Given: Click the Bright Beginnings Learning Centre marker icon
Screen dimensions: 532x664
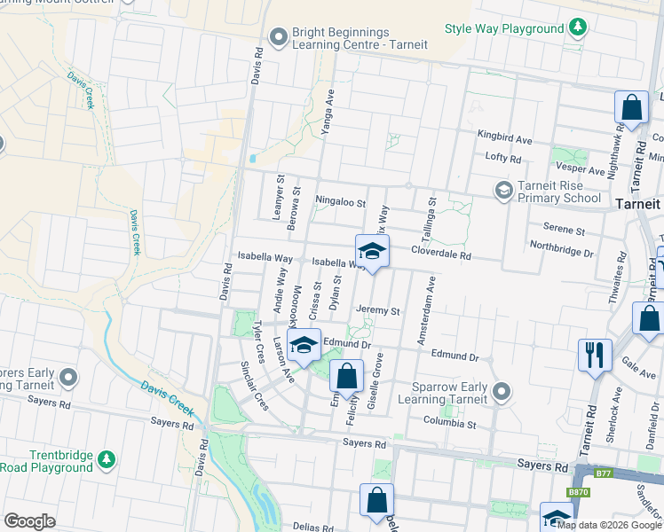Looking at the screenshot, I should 279,36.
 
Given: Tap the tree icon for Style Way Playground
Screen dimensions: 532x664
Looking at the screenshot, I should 578,28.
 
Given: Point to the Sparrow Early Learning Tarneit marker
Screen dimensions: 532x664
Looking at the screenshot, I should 502,391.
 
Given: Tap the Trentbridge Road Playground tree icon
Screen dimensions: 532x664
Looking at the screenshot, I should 107,460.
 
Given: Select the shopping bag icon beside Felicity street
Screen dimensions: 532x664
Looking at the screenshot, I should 346,376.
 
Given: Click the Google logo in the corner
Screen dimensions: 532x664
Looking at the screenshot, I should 29,521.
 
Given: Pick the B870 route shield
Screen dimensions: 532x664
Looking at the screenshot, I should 578,491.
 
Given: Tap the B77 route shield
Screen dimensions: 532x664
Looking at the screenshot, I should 604,473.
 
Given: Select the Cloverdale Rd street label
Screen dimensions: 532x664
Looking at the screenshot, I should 440,254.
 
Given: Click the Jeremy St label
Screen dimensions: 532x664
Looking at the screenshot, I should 379,311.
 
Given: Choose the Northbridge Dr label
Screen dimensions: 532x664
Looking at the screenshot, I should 560,253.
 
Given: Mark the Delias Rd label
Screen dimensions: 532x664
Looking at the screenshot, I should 312,526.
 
